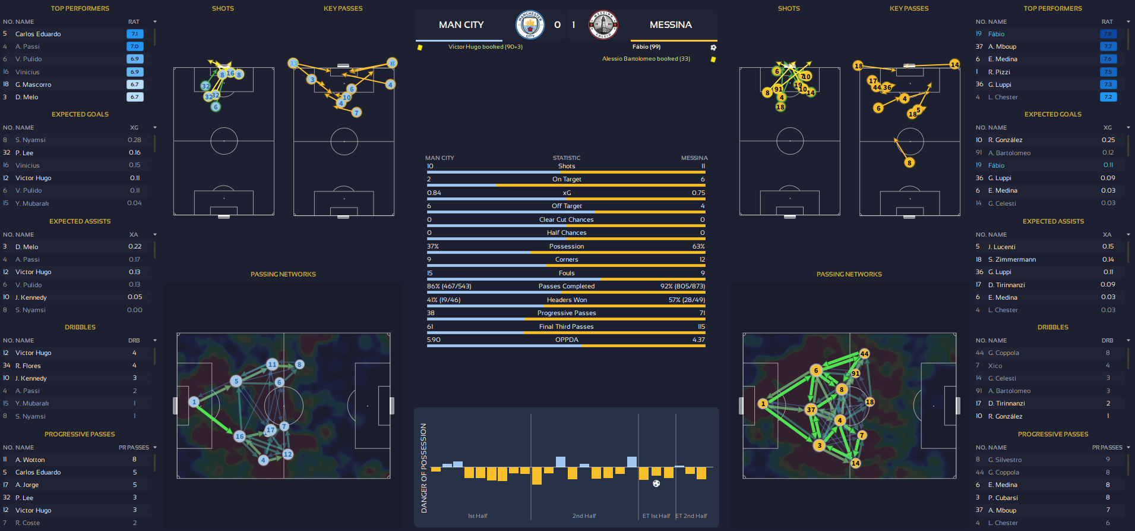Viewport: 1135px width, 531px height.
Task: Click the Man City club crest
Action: click(x=530, y=24)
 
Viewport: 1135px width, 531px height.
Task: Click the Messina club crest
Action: click(x=603, y=24)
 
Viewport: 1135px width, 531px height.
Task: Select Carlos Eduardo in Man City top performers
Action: click(x=38, y=34)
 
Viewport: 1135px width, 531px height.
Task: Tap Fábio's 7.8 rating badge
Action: click(x=1108, y=34)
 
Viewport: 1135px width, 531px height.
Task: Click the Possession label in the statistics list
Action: click(x=567, y=246)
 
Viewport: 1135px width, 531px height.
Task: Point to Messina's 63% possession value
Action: click(x=698, y=246)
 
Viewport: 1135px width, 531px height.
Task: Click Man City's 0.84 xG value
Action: click(x=434, y=193)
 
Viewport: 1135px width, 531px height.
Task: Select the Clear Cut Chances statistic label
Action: click(x=567, y=219)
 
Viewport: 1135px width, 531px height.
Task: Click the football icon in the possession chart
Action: click(x=656, y=483)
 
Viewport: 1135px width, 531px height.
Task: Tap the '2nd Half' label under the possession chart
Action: click(x=584, y=516)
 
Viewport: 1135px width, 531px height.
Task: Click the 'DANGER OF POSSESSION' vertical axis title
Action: click(x=424, y=468)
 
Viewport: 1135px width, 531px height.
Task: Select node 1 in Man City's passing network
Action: click(x=194, y=402)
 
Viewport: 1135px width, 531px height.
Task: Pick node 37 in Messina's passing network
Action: click(x=811, y=409)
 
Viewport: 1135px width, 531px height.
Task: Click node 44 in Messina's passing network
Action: click(x=864, y=354)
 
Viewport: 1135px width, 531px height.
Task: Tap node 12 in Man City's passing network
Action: click(x=288, y=454)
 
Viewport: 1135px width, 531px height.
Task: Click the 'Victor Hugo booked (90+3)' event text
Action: click(x=485, y=47)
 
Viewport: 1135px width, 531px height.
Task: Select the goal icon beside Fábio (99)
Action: click(x=713, y=48)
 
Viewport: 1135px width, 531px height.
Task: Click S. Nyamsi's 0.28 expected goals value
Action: click(x=134, y=140)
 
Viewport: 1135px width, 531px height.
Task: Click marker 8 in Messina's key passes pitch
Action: click(x=909, y=162)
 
